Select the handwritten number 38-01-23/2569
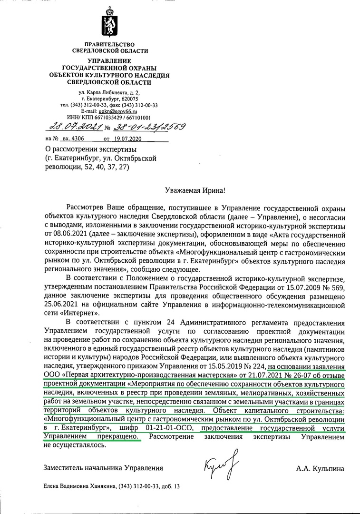pos(149,127)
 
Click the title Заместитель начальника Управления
pos(103,469)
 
